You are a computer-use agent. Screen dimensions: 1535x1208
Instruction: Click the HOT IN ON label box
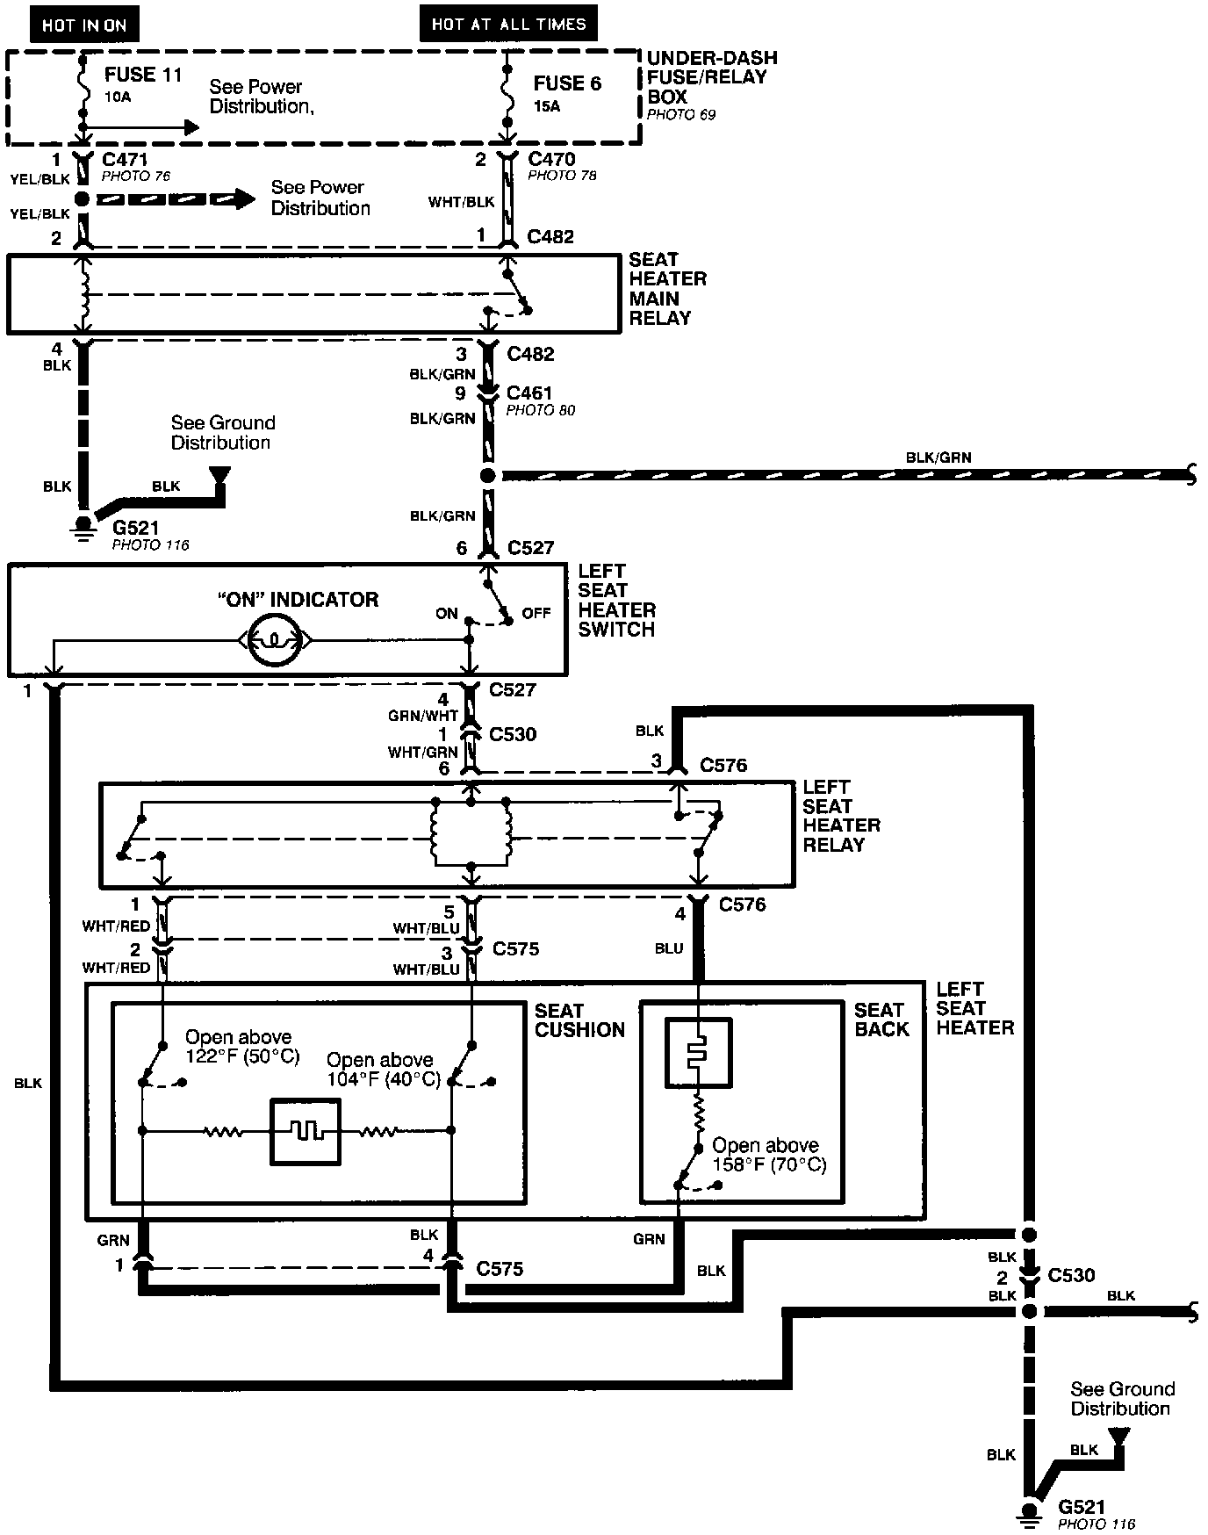(84, 25)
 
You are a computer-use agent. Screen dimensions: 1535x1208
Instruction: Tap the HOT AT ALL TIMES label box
(508, 24)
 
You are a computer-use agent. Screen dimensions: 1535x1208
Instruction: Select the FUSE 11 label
(143, 75)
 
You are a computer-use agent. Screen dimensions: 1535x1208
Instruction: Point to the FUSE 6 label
(567, 84)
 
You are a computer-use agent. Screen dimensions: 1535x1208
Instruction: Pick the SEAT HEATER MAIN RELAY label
(667, 289)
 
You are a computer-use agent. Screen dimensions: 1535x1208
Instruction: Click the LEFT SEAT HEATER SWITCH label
(616, 600)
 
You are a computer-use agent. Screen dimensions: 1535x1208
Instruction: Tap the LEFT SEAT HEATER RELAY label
(841, 816)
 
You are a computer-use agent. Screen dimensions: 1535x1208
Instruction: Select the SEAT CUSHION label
(579, 1020)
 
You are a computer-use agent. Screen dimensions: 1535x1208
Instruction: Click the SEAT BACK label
(881, 1020)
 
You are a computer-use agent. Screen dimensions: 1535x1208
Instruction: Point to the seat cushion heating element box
(305, 1132)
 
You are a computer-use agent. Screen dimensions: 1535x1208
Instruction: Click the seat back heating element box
(698, 1052)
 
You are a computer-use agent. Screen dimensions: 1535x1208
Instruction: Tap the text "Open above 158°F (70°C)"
(769, 1156)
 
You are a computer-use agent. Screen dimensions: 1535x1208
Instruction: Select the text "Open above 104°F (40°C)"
(384, 1070)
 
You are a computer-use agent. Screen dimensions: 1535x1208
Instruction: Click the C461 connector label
(529, 393)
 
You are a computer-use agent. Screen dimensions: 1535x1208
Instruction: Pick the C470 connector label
(551, 159)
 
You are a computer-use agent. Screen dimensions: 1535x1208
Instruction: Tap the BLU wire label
(669, 948)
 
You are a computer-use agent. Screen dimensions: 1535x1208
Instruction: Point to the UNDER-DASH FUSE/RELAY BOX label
(712, 77)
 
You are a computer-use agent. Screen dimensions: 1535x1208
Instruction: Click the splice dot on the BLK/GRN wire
(487, 476)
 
